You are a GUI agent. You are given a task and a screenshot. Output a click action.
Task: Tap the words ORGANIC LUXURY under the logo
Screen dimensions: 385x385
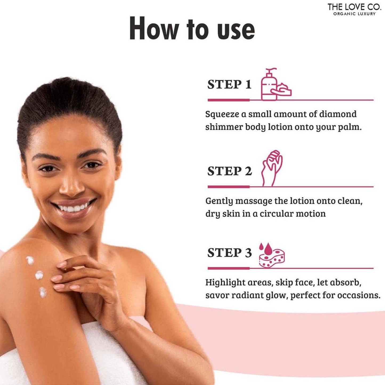[x=354, y=14]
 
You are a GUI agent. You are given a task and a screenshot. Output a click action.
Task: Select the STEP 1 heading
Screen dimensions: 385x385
[x=229, y=84]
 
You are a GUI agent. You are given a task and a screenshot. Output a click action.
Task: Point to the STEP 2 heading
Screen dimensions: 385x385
[x=230, y=171]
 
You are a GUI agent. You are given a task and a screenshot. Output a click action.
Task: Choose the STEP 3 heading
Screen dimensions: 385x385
[x=230, y=253]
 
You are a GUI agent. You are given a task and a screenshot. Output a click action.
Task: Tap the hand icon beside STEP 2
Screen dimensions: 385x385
[x=272, y=168]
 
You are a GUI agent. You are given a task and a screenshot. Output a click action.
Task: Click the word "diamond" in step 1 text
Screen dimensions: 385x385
[x=338, y=114]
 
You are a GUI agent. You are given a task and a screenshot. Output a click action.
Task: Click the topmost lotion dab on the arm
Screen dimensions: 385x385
[x=30, y=261]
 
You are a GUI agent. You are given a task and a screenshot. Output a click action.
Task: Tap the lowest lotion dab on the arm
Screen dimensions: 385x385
[x=43, y=293]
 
